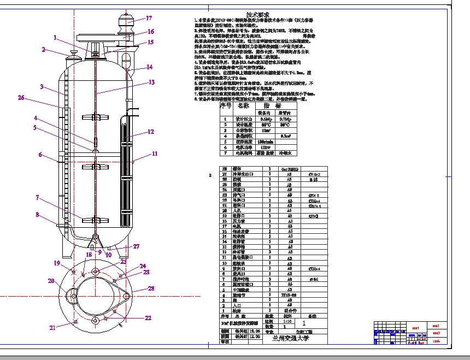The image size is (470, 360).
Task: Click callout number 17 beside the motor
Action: pyautogui.click(x=149, y=18)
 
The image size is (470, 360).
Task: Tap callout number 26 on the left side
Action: pyautogui.click(x=21, y=98)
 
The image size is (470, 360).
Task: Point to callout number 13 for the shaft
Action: pyautogui.click(x=152, y=82)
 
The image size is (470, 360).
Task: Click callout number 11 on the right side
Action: pyautogui.click(x=155, y=154)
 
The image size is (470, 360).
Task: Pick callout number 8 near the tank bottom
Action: pyautogui.click(x=38, y=215)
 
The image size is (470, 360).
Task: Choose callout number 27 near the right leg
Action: pyautogui.click(x=137, y=247)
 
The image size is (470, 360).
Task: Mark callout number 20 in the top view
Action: pyautogui.click(x=50, y=281)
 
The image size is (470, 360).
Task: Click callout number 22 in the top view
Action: pyautogui.click(x=148, y=317)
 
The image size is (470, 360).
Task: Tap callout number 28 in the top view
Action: pyautogui.click(x=151, y=288)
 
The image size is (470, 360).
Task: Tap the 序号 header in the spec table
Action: pyautogui.click(x=225, y=105)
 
